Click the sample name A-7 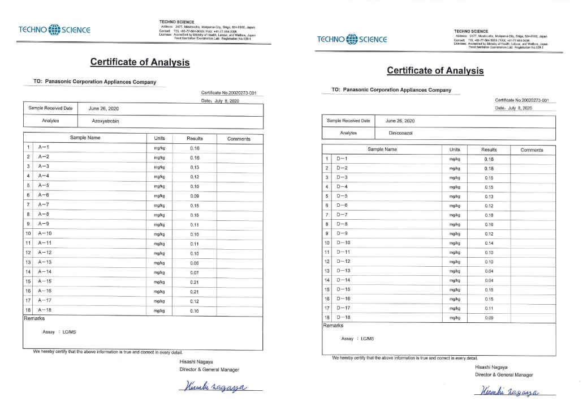tap(44, 205)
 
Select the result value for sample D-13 tap(489, 271)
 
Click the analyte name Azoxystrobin tap(105, 121)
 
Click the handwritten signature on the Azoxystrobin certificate tap(213, 387)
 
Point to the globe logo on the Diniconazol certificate tap(352, 39)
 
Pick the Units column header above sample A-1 tap(159, 138)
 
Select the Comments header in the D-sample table tap(532, 150)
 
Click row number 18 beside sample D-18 tap(327, 317)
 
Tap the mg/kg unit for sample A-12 tap(159, 253)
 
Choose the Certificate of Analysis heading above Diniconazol tap(435, 71)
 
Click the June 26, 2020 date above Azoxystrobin tap(103, 108)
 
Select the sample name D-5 tap(342, 197)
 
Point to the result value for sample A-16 tap(195, 291)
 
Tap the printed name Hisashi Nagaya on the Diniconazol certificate tap(491, 367)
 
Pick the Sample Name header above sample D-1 tap(382, 150)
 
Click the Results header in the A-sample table tap(195, 138)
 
